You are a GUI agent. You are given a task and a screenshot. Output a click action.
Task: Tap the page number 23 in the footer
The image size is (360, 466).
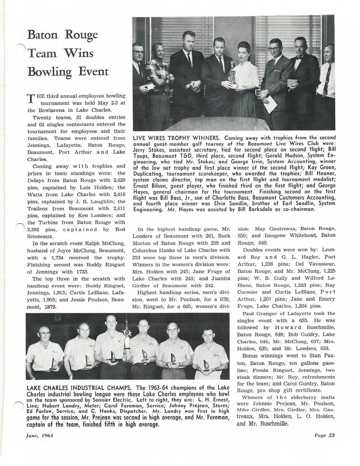click(331, 435)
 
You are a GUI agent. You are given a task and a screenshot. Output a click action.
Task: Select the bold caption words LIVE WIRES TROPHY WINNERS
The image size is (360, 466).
click(177, 137)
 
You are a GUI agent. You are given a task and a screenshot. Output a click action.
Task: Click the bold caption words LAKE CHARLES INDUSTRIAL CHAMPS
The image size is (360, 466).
click(79, 388)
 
